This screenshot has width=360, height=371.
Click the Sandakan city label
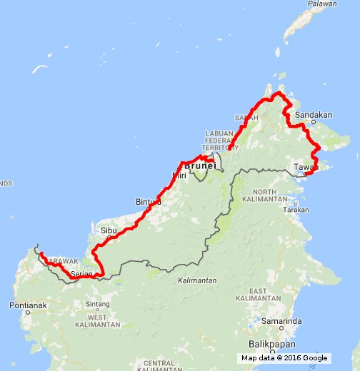314,114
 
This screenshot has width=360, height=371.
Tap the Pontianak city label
29,305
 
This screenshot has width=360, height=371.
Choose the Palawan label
322,4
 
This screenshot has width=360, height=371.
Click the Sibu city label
108,231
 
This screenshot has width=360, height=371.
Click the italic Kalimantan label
197,280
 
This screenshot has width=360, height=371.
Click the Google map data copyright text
284,358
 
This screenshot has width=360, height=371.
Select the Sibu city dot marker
108,239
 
